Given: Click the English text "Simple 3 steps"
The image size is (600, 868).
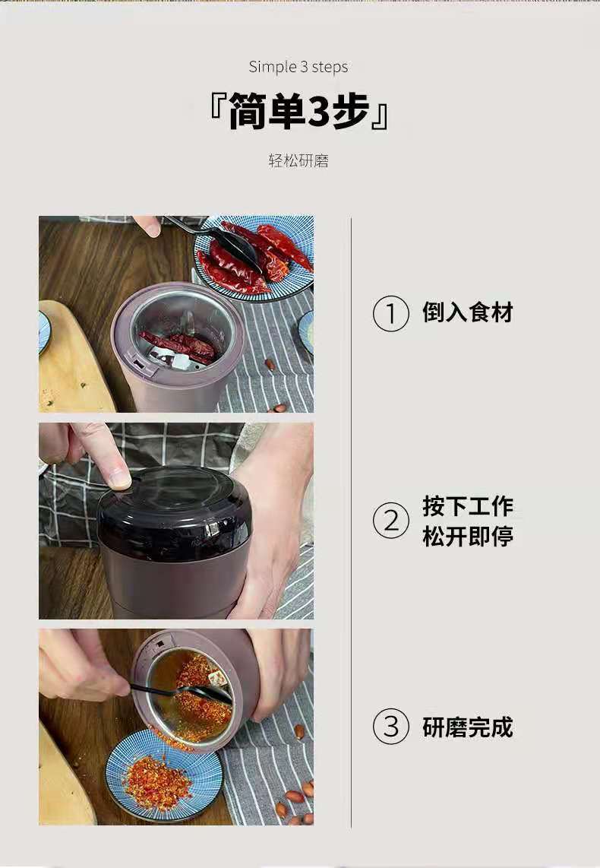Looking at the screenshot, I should pos(298,67).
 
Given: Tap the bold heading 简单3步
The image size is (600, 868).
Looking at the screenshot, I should pos(299,112).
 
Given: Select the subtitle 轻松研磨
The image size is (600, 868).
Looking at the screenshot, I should pos(298,161).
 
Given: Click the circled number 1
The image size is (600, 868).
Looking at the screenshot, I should pos(391,314).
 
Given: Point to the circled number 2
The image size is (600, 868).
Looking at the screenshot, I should pos(391,521).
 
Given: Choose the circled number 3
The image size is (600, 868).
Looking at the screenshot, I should pos(391,727).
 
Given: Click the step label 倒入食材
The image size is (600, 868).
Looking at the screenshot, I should pos(468,312).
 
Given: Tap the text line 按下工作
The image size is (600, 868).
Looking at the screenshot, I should pos(468,506).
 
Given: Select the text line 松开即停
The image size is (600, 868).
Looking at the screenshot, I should pos(468,537).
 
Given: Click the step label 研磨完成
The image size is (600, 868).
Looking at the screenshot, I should pos(468,727).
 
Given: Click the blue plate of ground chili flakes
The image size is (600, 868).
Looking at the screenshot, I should pos(163,779).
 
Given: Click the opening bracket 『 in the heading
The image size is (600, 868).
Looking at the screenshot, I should pos(216,112).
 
